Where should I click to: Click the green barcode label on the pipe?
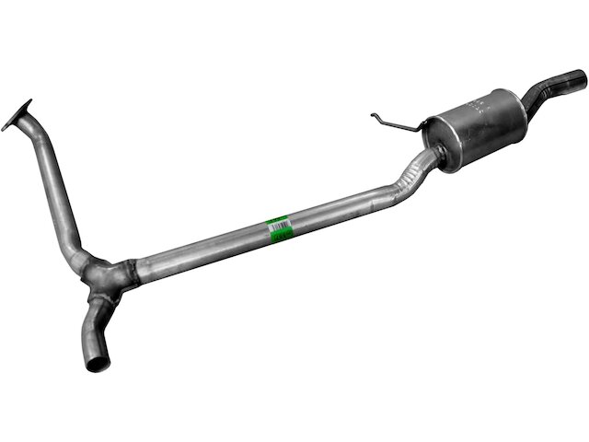tap(276, 228)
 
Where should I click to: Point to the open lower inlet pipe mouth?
tap(98, 359)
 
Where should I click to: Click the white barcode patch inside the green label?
tap(277, 230)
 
